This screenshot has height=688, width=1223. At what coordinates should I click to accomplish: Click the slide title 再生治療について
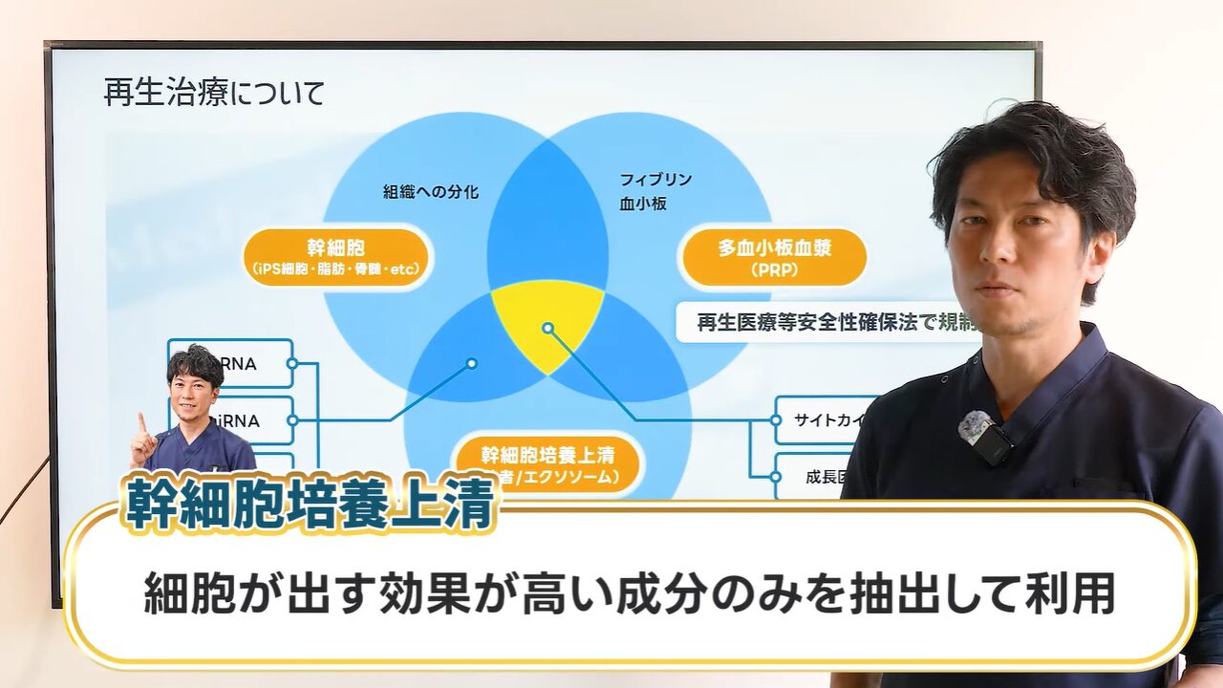coord(214,94)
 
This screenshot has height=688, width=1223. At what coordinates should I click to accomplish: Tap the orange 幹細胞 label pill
coord(336,257)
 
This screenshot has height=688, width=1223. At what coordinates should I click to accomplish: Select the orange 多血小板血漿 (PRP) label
coord(774,258)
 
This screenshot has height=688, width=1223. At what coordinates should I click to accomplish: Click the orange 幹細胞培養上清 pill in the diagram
coord(547,463)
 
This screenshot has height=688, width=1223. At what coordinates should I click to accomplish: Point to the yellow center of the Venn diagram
coord(547,320)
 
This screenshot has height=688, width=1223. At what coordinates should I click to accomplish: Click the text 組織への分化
coord(431,192)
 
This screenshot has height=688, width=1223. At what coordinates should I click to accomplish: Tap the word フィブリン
coord(655,179)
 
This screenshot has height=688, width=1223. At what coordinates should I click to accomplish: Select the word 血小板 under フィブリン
coord(639,203)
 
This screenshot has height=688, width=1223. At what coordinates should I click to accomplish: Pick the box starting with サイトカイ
coord(827,420)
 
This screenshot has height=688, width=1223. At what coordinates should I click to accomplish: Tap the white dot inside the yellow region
coord(547,328)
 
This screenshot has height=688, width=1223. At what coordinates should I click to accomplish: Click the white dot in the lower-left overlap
coord(471,363)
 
